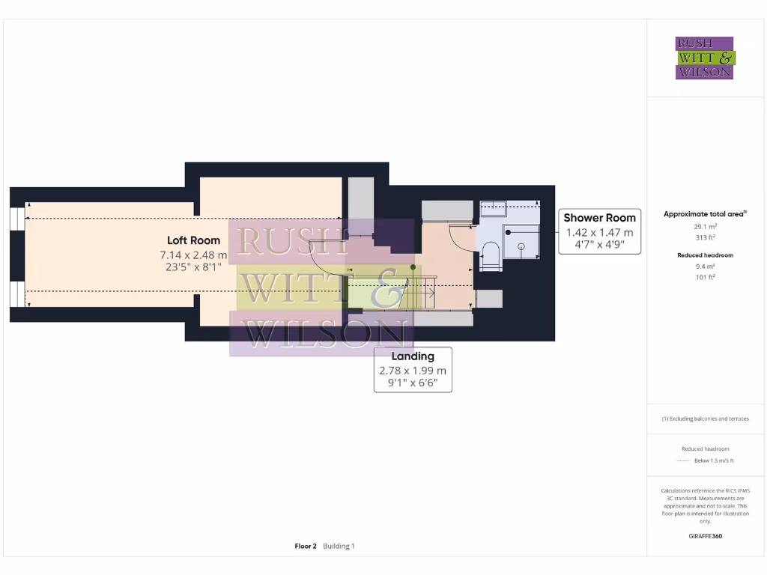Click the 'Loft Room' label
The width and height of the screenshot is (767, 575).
[x=193, y=240]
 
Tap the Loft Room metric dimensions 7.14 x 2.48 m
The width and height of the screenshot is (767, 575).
[x=193, y=255]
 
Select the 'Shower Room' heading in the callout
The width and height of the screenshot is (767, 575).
[x=599, y=218]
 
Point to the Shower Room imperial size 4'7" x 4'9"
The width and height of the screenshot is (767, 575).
[x=599, y=245]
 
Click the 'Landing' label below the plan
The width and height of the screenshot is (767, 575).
[x=413, y=356]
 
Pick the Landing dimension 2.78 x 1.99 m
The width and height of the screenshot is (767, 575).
[x=413, y=371]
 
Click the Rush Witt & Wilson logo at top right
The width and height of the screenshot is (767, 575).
[x=705, y=58]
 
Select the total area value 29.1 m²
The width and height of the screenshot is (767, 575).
[x=704, y=225]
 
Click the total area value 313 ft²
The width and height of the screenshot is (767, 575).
[x=704, y=237]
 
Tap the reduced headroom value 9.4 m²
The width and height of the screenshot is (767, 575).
[x=704, y=266]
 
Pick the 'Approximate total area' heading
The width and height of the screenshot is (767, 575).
[x=704, y=214]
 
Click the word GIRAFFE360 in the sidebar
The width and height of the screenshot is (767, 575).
[x=704, y=536]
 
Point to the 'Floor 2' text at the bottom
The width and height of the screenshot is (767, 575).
[x=306, y=547]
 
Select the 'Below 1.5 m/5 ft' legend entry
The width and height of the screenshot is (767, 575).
[x=713, y=460]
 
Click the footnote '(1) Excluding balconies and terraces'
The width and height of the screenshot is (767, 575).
[x=704, y=419]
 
